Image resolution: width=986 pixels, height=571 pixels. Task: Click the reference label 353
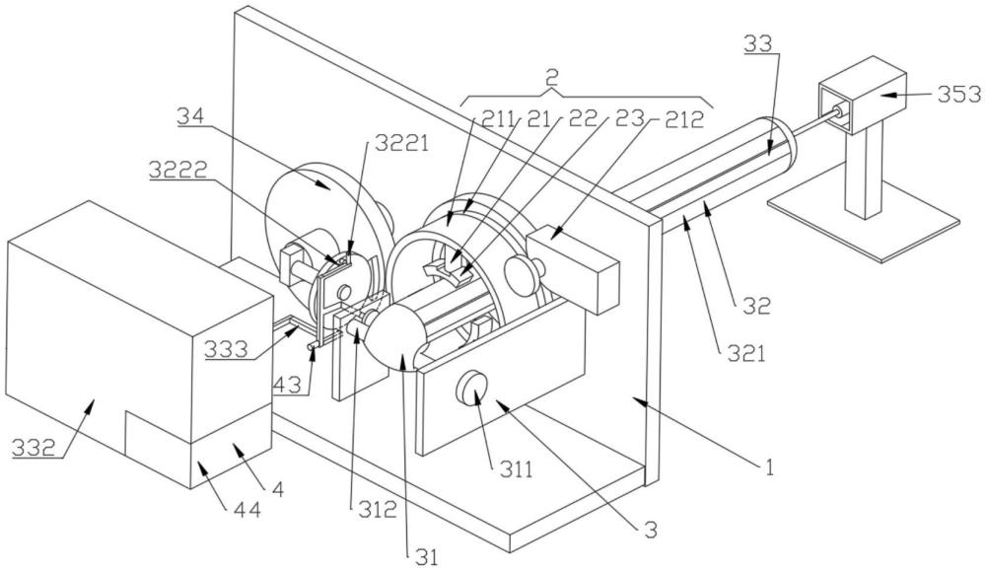959,95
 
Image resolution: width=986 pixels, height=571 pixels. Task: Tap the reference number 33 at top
758,43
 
